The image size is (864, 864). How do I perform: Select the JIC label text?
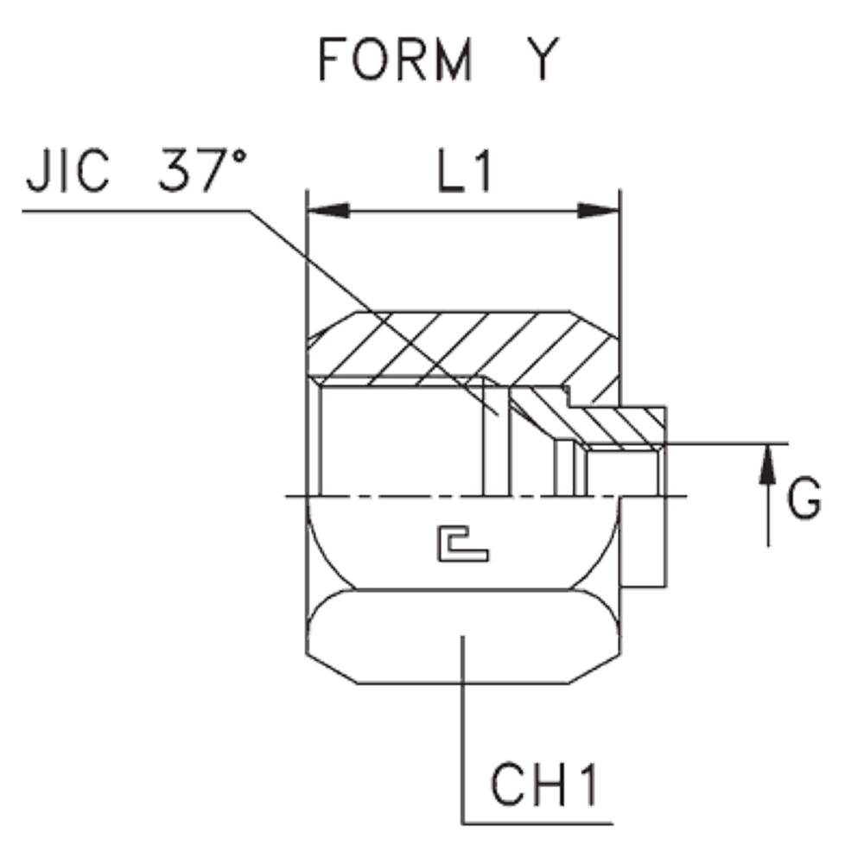[69, 173]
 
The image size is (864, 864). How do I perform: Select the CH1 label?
[543, 784]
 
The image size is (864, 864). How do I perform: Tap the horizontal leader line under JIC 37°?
[130, 209]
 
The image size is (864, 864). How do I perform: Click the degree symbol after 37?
[240, 156]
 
